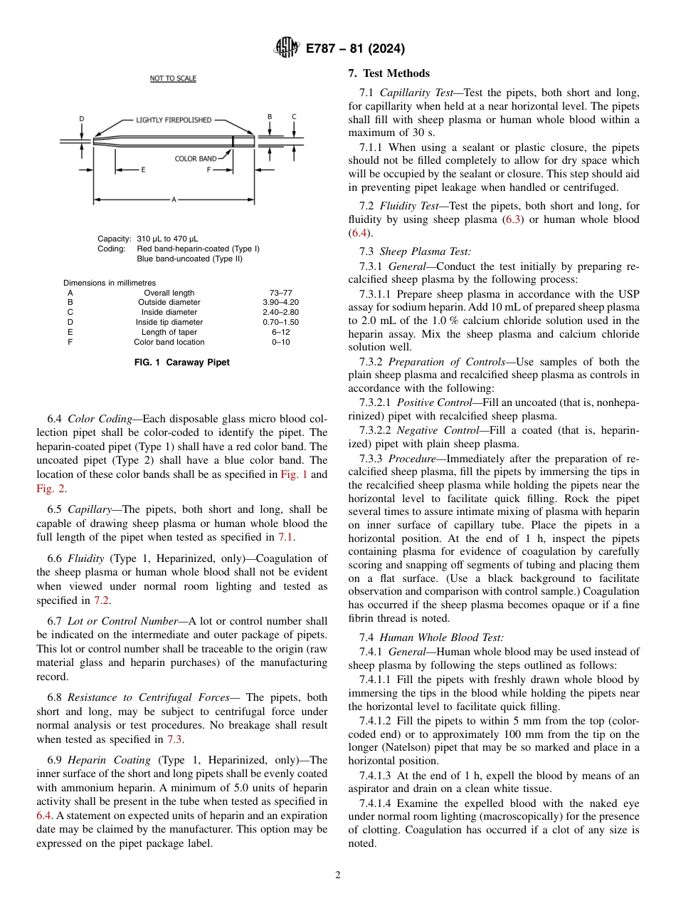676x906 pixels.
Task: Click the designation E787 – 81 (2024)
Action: (355, 48)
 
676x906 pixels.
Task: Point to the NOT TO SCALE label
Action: (173, 78)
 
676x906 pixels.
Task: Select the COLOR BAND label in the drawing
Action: (196, 159)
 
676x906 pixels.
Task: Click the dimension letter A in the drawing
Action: (174, 199)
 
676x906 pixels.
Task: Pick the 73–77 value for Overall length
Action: (281, 293)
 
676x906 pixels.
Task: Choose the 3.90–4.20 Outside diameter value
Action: (281, 303)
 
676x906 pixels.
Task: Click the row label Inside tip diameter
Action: (169, 323)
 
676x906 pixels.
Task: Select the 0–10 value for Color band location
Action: (281, 343)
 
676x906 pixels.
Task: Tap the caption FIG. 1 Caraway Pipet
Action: (182, 363)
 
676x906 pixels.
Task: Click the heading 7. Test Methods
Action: (389, 73)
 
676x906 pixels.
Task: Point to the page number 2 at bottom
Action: (337, 875)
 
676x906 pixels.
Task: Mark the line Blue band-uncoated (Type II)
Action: (189, 259)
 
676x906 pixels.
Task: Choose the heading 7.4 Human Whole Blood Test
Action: (431, 638)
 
